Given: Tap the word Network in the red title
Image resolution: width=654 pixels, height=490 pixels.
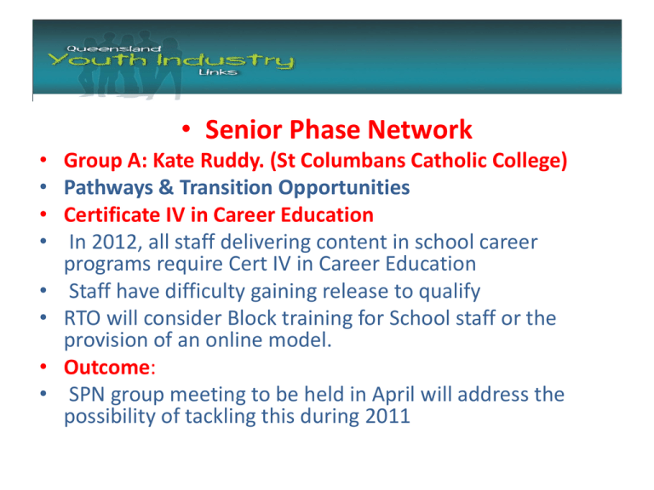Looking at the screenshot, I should (x=420, y=130).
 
